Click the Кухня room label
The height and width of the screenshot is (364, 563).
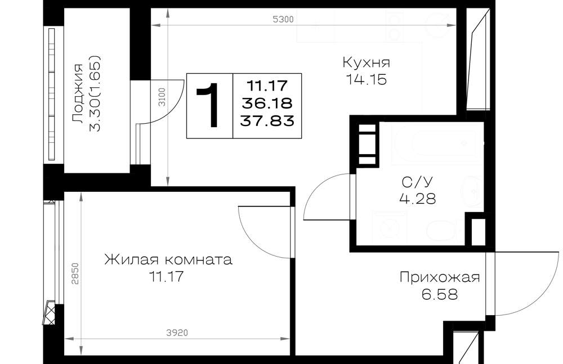tap(366, 62)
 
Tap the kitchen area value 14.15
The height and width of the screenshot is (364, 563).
tap(366, 80)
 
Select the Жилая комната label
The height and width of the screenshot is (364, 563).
tap(168, 259)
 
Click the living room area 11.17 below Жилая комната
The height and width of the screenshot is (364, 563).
tap(167, 277)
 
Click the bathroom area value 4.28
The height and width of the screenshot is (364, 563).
tap(418, 199)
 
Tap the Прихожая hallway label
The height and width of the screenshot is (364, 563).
tap(440, 277)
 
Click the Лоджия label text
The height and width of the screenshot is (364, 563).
tap(78, 94)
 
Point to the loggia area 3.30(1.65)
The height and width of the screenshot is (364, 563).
tap(95, 93)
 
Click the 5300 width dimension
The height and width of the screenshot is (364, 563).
tap(283, 19)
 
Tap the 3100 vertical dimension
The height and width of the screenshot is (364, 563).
tap(162, 97)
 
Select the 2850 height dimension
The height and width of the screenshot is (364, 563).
tap(75, 274)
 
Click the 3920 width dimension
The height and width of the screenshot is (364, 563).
tap(177, 333)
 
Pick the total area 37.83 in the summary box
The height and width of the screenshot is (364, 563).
tap(267, 121)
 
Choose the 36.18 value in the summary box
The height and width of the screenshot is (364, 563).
tap(267, 104)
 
